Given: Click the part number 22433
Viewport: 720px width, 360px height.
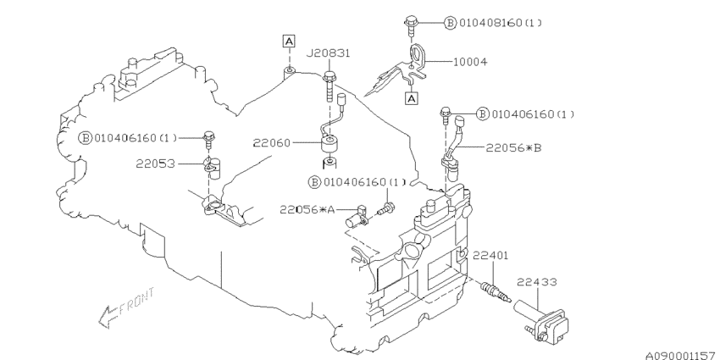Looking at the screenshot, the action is point(537,282).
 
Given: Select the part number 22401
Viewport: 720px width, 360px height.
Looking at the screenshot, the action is point(490,255).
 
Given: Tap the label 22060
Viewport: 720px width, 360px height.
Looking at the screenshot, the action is point(272,143).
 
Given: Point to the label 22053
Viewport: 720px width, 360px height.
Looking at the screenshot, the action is point(155,163).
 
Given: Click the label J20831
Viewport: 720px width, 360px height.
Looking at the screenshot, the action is point(329,53).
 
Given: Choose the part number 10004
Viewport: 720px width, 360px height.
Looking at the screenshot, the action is point(470,62).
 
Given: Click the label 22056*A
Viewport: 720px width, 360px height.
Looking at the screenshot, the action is point(307,210).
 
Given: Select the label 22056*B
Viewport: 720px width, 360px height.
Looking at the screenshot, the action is point(514,148).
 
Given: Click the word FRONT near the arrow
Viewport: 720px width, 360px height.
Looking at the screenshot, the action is point(137,302).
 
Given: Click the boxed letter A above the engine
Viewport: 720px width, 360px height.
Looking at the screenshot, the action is point(288,42).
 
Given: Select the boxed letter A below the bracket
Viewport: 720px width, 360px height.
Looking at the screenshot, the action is point(412,97).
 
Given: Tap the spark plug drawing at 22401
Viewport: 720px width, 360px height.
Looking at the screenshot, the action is point(496,293).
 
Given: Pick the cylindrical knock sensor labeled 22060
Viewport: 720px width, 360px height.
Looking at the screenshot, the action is point(330,144).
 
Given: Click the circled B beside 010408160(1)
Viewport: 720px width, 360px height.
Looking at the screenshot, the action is point(451,23).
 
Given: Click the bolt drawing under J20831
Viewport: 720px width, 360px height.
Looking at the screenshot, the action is point(329,86).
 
